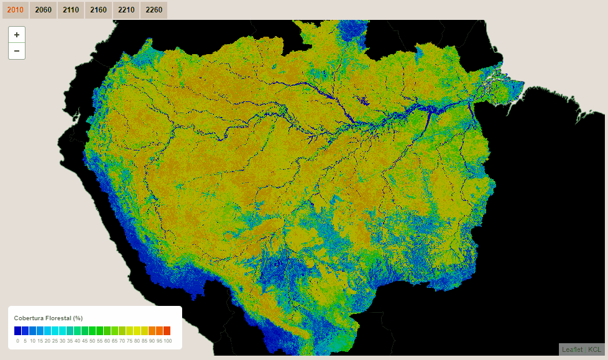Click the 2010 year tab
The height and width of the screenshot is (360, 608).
[16, 10]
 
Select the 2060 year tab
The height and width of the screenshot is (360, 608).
[44, 10]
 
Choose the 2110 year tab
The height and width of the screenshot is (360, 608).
[71, 10]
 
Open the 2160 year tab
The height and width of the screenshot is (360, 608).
[98, 10]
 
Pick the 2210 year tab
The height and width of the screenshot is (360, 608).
[126, 10]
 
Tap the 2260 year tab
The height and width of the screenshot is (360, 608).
[154, 10]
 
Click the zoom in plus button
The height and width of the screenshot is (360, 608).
[17, 35]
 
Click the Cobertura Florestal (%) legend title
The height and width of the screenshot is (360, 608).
[48, 318]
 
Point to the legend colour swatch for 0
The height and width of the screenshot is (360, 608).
[17, 331]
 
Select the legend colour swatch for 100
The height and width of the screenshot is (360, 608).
[167, 331]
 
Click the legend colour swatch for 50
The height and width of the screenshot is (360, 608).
[92, 331]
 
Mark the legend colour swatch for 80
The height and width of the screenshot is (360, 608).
[137, 331]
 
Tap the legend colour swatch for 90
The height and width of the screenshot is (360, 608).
[152, 331]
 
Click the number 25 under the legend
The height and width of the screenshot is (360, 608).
[55, 341]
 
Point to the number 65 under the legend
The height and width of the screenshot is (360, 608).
[114, 341]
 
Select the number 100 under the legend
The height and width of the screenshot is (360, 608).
[167, 341]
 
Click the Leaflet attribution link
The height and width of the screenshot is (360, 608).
[573, 349]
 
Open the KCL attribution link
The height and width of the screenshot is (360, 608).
[594, 349]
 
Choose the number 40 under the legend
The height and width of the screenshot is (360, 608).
[77, 341]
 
